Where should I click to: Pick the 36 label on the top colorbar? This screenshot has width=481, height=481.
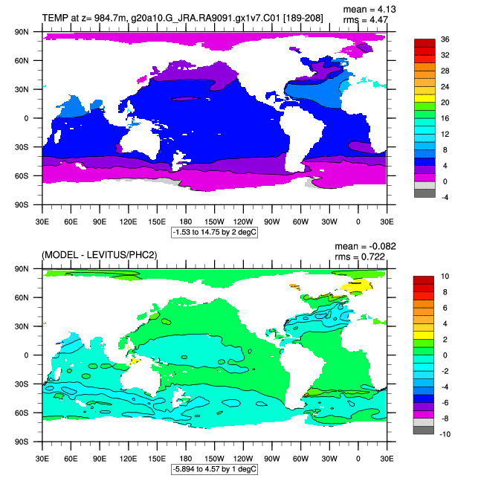(x=445, y=39)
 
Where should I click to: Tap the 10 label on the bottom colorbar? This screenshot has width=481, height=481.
(x=445, y=276)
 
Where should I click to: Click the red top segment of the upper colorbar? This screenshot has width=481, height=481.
(x=424, y=43)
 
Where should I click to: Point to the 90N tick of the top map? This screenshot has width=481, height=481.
(x=22, y=32)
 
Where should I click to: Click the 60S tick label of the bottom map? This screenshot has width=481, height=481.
(x=22, y=413)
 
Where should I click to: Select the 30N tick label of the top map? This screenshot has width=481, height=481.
(x=22, y=89)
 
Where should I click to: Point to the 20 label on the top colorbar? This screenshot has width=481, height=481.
(x=445, y=103)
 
